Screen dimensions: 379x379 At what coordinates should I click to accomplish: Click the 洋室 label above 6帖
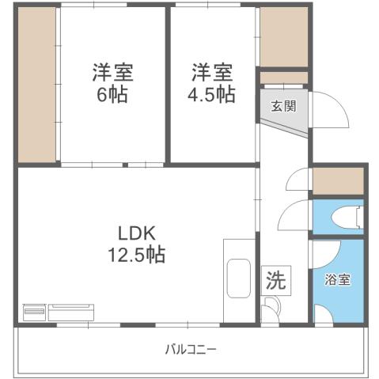(112, 74)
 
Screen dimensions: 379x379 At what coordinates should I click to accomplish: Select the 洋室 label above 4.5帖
(212, 74)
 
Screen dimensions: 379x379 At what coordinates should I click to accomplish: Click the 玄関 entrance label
(283, 106)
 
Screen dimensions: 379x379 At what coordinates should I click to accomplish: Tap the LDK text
(140, 233)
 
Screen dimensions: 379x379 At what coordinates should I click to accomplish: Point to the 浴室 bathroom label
(337, 279)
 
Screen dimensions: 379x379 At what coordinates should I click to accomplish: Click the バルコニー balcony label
(191, 348)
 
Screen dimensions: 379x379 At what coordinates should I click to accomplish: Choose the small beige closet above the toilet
(338, 181)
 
